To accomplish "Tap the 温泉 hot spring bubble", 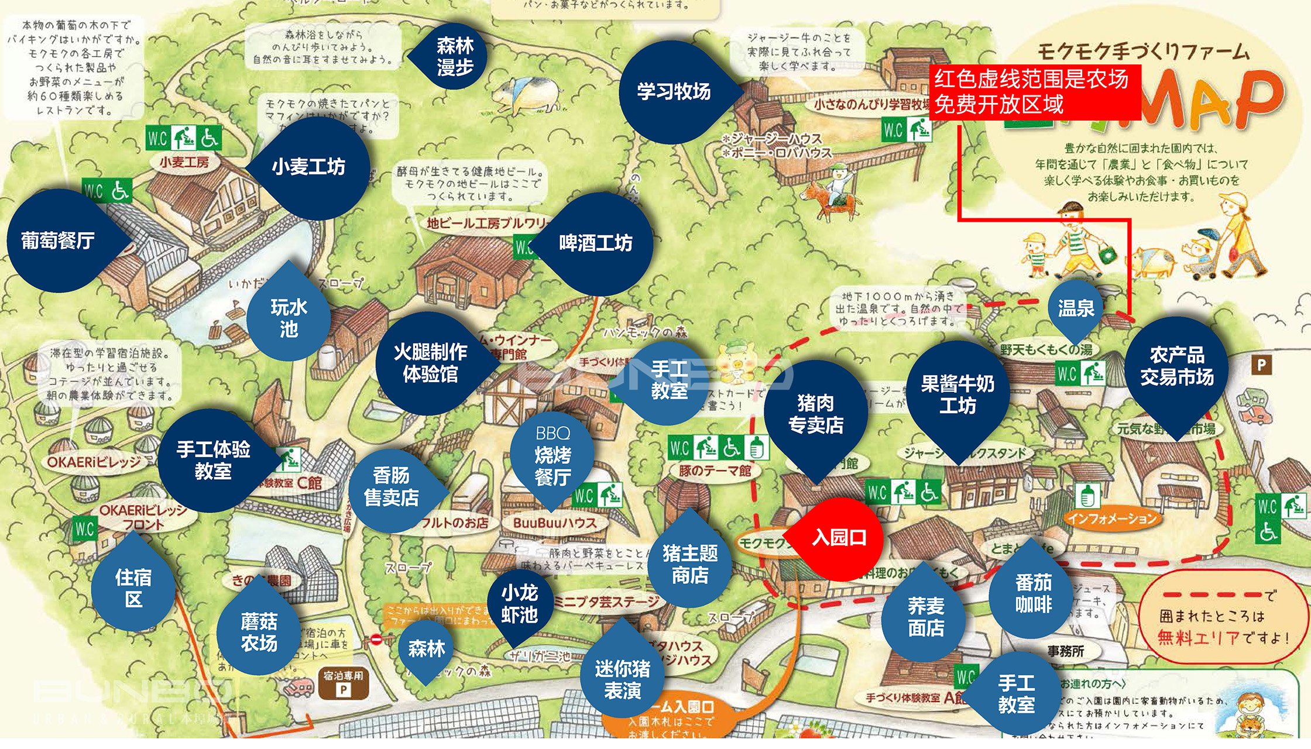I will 1076,308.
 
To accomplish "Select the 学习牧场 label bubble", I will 674,91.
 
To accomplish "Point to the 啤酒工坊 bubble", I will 596,243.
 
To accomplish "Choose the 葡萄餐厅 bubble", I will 58,240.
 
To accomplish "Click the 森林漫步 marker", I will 455,56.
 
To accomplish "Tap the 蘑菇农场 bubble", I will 259,632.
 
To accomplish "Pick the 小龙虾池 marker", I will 519,604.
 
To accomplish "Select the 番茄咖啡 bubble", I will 1033,593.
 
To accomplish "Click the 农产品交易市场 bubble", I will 1176,366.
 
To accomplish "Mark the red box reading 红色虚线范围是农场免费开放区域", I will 1034,92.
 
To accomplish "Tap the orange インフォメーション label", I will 1112,518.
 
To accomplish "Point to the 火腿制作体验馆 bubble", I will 430,363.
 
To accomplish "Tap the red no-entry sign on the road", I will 376,639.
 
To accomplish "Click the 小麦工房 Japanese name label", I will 184,162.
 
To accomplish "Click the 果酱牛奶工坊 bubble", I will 957,394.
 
